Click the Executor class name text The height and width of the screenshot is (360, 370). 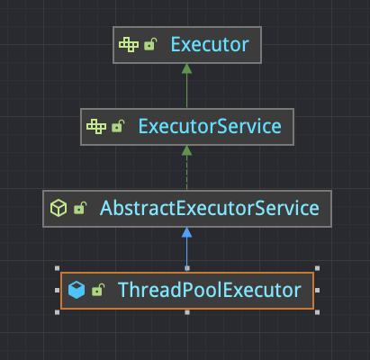pos(210,45)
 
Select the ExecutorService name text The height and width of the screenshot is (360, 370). pos(210,126)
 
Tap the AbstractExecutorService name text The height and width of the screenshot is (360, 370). pos(210,208)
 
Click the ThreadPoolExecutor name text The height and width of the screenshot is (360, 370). pos(210,290)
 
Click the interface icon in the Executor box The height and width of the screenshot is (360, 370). pos(129,45)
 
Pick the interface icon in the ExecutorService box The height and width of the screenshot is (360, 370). pos(96,126)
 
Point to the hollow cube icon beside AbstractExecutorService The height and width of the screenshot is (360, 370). pos(59,208)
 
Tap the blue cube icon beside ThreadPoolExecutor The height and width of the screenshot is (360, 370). pos(77,290)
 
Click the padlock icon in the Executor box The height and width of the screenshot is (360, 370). pos(150,44)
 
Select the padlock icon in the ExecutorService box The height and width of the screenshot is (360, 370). pos(118,126)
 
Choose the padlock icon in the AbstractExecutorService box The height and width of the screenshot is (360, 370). pos(80,208)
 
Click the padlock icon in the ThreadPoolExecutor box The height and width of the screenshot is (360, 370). pos(98,290)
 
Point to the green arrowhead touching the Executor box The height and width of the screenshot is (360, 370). pos(186,68)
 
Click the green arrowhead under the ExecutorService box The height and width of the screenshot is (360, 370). pos(186,150)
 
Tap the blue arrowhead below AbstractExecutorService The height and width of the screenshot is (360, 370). pos(186,232)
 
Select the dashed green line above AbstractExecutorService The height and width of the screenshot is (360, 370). pos(186,173)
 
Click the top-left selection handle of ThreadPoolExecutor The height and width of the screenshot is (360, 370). pos(58,268)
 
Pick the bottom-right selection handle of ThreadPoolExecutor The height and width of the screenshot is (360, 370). pos(317,312)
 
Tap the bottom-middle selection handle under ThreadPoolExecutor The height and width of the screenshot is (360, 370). pos(187,312)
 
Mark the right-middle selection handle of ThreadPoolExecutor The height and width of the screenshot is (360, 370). pos(317,290)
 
